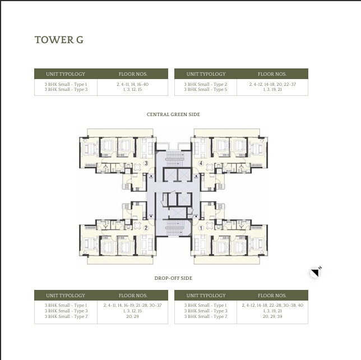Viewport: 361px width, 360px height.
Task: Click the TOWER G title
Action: coord(59,40)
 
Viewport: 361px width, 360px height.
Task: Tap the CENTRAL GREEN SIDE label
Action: coord(173,114)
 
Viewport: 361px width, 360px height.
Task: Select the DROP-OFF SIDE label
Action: coord(173,278)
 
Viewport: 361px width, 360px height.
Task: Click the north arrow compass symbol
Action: coord(316,273)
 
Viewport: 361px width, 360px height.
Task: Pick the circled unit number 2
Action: coord(146,228)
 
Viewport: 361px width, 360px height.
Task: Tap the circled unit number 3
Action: coord(146,163)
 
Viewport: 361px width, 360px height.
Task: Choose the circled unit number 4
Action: coord(201,163)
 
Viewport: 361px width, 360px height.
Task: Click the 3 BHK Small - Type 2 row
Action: coord(206,84)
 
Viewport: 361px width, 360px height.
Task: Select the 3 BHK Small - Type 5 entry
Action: coord(206,90)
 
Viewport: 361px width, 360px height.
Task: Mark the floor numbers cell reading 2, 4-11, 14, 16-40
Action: coord(132,84)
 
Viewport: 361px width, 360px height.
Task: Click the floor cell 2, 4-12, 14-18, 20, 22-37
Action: coord(272,84)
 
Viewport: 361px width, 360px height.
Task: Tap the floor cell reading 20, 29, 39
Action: coord(272,316)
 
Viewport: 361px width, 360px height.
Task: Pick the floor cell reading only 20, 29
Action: coord(132,316)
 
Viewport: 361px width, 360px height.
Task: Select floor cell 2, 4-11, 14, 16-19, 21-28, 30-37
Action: coord(132,305)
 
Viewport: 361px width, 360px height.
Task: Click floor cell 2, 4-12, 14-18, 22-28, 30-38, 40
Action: coord(272,305)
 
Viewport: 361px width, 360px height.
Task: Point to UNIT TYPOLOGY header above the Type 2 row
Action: coord(206,74)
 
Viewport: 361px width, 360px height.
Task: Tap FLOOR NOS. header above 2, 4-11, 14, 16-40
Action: coord(132,74)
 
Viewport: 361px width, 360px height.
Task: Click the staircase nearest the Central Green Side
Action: coord(173,156)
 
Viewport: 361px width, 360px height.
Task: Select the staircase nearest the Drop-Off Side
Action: coord(173,228)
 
